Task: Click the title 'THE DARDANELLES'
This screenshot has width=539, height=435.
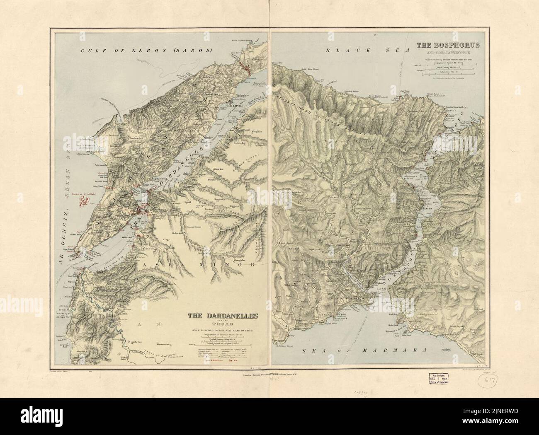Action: pos(223,316)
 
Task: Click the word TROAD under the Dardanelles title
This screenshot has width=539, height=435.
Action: pos(223,324)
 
